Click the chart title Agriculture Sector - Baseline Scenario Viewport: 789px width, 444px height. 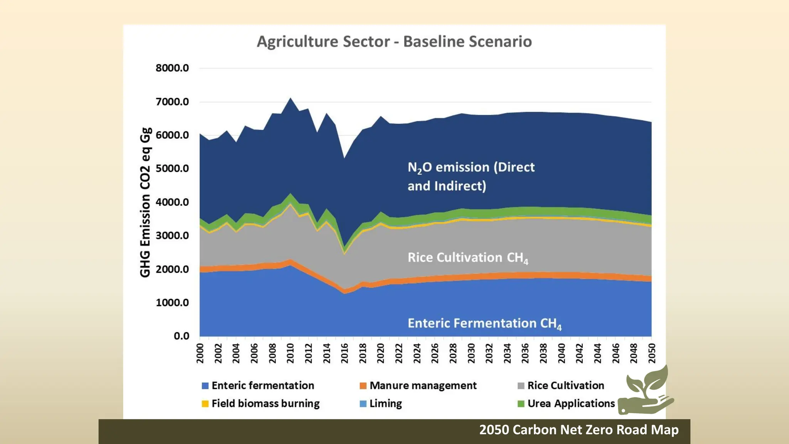(x=394, y=42)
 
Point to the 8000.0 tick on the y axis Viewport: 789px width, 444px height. (x=172, y=68)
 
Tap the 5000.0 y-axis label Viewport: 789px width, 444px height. (x=172, y=169)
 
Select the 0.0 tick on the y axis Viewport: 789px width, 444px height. (x=181, y=336)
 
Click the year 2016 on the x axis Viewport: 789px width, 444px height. (x=345, y=353)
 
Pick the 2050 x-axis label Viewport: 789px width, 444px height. (x=651, y=353)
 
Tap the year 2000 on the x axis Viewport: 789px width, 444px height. (x=200, y=353)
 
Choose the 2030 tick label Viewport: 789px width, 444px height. (x=471, y=353)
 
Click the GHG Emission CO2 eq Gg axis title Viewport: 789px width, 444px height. (x=145, y=202)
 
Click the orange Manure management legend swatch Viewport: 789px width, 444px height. (x=363, y=386)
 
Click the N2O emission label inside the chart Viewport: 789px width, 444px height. (x=471, y=177)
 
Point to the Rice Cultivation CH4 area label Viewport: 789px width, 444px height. (x=468, y=258)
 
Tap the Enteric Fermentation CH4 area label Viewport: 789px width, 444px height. (x=484, y=324)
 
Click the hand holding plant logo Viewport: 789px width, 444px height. (x=646, y=391)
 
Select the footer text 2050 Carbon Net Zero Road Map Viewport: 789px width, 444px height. (x=579, y=430)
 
